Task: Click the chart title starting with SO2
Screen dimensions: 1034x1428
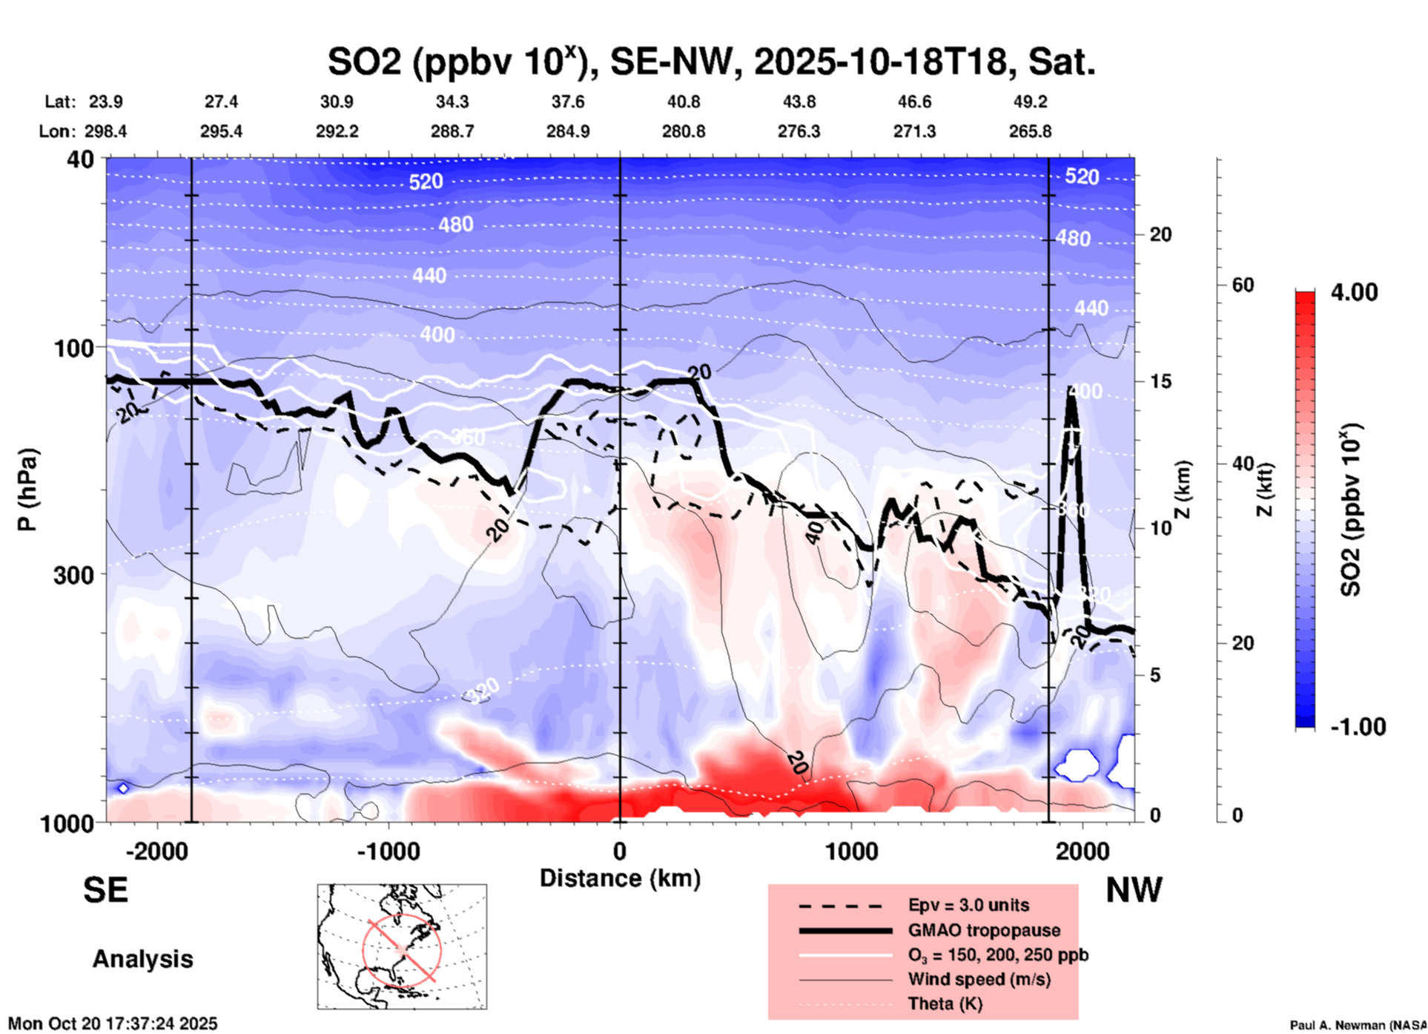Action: pos(711,62)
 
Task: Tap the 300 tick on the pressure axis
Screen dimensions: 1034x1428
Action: pos(74,575)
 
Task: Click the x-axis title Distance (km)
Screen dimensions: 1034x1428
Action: pos(620,878)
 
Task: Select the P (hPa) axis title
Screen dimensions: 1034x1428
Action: pos(27,490)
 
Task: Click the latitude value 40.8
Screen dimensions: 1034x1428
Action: pos(683,102)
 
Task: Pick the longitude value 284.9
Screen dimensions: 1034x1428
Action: pos(568,131)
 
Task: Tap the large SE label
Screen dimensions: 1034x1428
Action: pos(105,890)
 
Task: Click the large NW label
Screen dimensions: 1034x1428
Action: pos(1134,890)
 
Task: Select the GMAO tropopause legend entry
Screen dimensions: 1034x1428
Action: pos(984,930)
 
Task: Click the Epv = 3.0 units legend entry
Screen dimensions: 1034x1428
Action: pos(968,906)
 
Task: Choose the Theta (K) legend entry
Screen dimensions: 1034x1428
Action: pos(945,1004)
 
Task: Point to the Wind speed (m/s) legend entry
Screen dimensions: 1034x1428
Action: pos(979,980)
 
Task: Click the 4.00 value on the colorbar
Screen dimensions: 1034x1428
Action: pos(1354,292)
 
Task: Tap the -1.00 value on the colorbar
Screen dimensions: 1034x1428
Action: pos(1357,727)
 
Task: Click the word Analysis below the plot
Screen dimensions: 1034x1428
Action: pos(142,959)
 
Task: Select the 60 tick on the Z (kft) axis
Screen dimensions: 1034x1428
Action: pos(1243,285)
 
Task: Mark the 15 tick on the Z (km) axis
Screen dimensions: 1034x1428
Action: pos(1160,381)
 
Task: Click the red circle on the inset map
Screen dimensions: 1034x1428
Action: pos(402,949)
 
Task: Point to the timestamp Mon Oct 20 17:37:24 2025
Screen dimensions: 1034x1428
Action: pos(113,1024)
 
